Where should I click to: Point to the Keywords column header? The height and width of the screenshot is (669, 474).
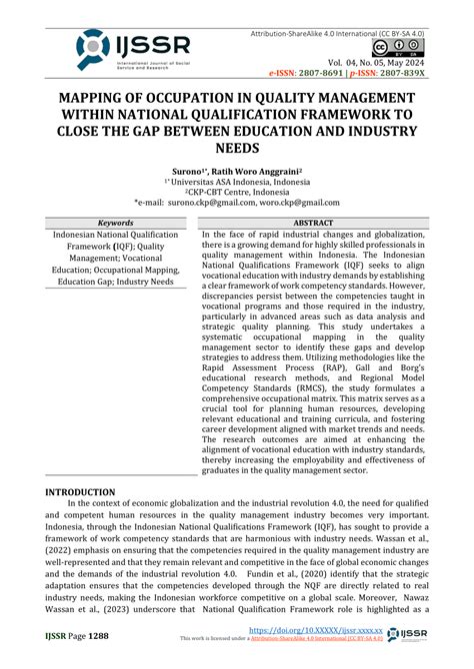click(109, 222)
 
